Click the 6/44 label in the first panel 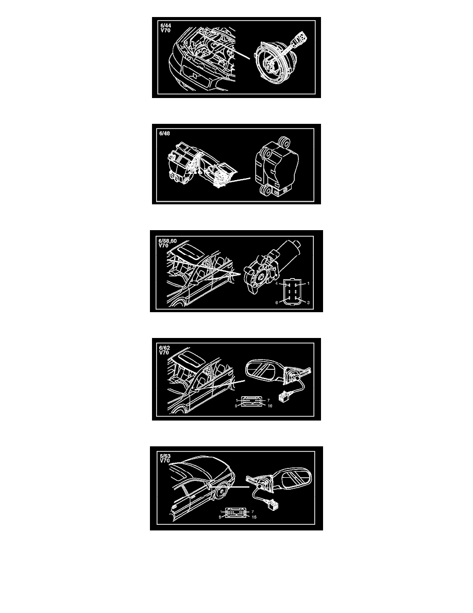coord(165,26)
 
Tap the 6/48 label coord(164,133)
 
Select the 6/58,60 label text coord(167,241)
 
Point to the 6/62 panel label coord(164,348)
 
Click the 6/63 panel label coord(165,456)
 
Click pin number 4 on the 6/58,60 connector coord(277,283)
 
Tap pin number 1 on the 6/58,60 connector coord(308,283)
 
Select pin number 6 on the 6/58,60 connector coord(277,302)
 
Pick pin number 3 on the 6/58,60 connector coord(308,302)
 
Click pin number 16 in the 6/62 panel coord(269,406)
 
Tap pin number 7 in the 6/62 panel coord(268,400)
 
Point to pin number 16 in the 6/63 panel coord(254,517)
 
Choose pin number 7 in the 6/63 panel coord(252,511)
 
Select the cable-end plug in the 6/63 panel coord(273,506)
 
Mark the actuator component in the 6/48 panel coord(276,166)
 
